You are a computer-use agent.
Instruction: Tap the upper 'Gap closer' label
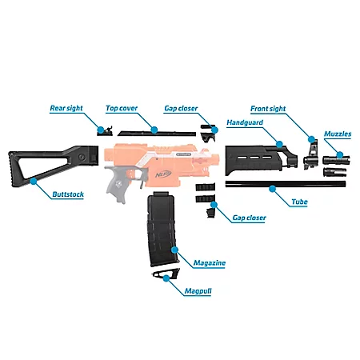coord(182,107)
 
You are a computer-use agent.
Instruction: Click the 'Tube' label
coord(298,202)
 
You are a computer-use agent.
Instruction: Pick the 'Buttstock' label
coord(67,194)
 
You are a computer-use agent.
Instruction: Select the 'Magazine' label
coord(209,262)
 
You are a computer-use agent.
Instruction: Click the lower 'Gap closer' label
coord(249,218)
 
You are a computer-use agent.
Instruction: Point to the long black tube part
coord(240,186)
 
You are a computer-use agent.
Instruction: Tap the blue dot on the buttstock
coord(33,182)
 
